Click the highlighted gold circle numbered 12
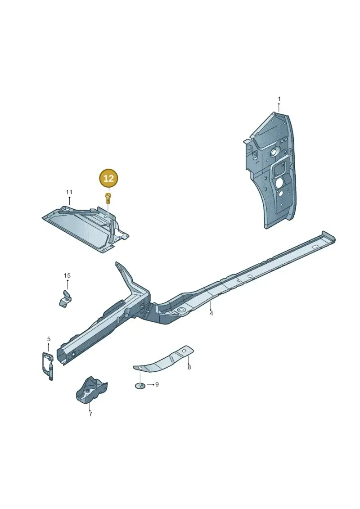click(109, 178)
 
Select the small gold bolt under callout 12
click(108, 198)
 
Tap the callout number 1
click(279, 99)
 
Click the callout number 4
click(211, 313)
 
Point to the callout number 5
click(49, 339)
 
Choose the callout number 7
click(90, 414)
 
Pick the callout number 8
click(189, 368)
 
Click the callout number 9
click(157, 384)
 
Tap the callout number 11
click(69, 192)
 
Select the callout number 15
click(67, 275)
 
